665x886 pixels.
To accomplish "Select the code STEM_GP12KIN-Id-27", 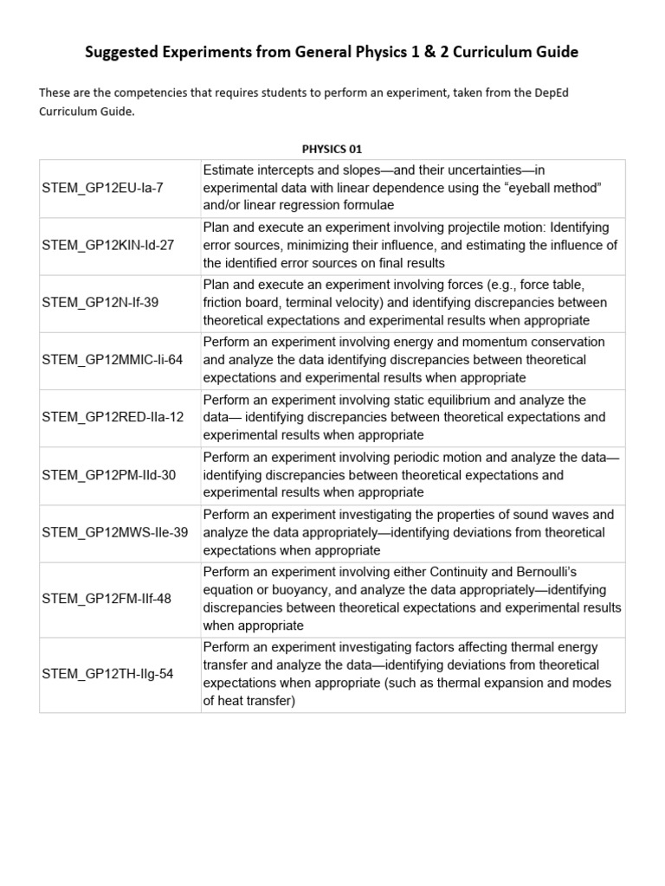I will (x=107, y=245).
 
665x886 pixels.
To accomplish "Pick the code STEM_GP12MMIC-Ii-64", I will (x=113, y=360).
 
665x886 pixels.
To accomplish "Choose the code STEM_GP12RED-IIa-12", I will (x=113, y=417).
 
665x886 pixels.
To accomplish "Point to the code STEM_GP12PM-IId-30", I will (x=108, y=475).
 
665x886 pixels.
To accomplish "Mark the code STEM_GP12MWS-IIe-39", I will (x=114, y=532).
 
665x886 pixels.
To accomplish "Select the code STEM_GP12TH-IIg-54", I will (x=107, y=674).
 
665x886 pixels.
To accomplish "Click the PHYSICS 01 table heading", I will (x=332, y=149).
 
